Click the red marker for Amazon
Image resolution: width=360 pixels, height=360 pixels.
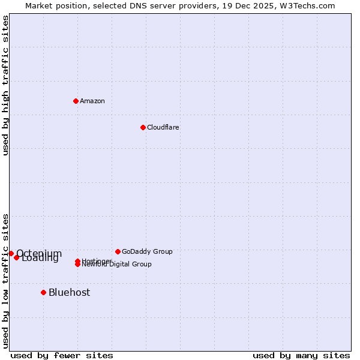76,101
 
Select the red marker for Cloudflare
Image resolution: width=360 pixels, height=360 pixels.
143,127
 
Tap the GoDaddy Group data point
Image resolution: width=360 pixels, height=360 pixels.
118,251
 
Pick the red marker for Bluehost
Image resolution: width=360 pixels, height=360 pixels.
43,292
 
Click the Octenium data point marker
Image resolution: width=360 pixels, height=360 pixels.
11,253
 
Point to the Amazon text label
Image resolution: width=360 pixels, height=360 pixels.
92,101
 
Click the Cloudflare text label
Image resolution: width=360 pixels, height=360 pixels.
163,127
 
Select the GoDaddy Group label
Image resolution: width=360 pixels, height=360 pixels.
147,251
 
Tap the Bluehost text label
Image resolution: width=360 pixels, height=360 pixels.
70,292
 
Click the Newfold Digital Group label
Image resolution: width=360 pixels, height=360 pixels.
117,265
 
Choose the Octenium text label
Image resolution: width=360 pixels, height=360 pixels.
39,253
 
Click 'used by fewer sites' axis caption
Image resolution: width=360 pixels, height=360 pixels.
62,355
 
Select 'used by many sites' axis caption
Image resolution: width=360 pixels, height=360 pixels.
301,355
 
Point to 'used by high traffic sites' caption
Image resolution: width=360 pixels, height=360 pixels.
5,85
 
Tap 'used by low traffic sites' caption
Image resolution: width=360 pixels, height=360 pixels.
5,281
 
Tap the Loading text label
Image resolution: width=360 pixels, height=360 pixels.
40,259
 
